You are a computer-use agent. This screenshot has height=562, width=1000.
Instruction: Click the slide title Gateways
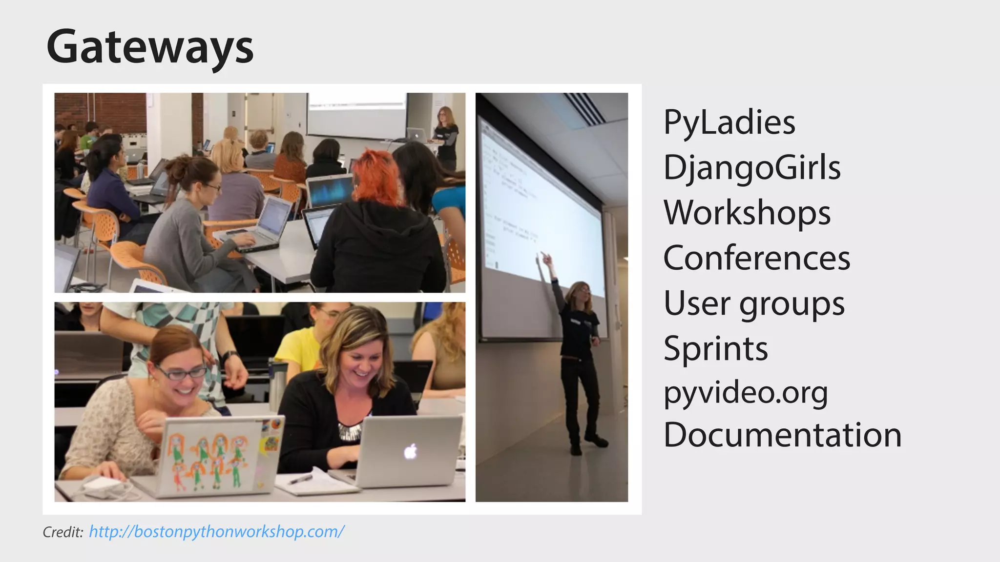point(150,47)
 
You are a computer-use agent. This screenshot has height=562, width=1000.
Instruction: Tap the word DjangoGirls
point(752,167)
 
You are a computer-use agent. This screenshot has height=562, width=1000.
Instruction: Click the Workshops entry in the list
point(747,213)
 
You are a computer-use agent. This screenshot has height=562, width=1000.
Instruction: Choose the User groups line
point(753,303)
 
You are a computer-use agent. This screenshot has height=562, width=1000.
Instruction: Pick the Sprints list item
point(715,348)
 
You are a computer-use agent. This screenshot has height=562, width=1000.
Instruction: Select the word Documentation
point(782,435)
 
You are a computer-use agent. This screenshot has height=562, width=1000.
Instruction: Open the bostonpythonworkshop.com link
point(217,531)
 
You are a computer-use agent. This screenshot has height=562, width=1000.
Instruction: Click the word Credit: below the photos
point(63,532)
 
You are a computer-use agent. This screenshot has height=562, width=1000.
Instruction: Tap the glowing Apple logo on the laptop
point(411,452)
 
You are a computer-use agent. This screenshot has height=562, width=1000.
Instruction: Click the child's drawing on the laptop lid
point(210,461)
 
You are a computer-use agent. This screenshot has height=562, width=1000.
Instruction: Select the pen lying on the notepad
point(300,479)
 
